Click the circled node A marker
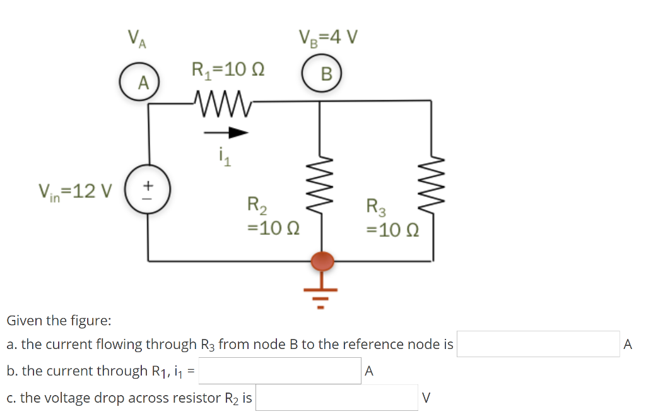143,82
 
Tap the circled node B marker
325,73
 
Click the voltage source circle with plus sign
148,187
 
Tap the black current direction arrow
225,133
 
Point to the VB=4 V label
327,38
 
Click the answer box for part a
537,344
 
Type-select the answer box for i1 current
280,371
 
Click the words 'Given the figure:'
59,320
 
